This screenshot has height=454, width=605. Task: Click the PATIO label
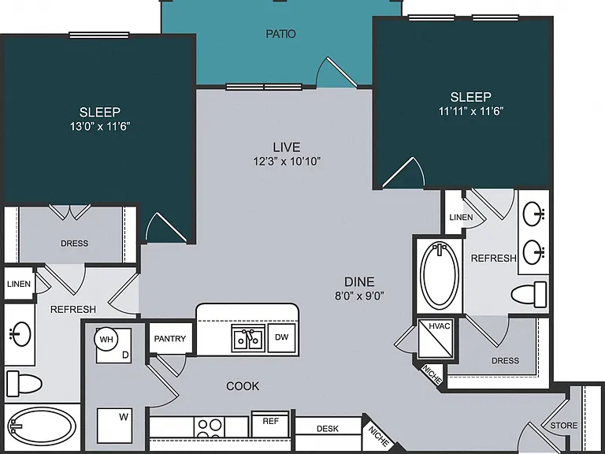point(281,34)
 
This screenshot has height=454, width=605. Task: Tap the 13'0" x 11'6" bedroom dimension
point(100,126)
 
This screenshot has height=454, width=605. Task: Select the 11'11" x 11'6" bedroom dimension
point(471,111)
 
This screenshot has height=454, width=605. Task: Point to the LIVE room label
point(286,147)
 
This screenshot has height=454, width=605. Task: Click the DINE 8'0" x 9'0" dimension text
point(359,296)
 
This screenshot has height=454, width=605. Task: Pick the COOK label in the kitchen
point(243,386)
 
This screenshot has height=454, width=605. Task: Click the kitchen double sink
point(248,338)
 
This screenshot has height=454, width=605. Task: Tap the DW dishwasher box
point(282,337)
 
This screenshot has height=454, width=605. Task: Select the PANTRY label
point(170,339)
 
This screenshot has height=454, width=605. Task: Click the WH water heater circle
point(106,340)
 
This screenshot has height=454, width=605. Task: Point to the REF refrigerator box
point(270,424)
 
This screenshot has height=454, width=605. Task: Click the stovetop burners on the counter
point(210,427)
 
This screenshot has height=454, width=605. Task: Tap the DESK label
point(328,429)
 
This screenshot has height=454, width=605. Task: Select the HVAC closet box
point(436,338)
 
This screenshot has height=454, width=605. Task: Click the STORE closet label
point(564,426)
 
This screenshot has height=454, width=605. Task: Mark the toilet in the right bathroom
point(529,294)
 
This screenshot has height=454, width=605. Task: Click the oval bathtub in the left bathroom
point(41,426)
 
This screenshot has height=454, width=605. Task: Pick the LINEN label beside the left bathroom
point(19,284)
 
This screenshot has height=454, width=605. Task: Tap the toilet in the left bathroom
point(24,383)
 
